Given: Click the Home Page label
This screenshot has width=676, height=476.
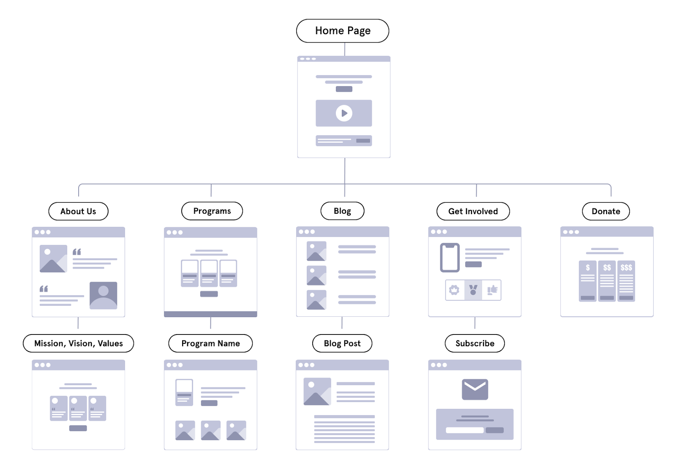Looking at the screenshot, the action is point(342,31).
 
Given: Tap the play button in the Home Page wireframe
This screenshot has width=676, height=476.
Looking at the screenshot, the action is point(344,113).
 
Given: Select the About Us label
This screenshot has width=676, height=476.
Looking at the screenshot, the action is point(78,211).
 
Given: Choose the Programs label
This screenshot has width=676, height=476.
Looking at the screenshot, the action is point(212,211).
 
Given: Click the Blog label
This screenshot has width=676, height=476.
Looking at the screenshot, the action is point(342,211).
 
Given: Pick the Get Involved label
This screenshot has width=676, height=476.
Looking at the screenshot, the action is point(473,211).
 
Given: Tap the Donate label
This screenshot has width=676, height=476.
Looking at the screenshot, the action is point(606,211).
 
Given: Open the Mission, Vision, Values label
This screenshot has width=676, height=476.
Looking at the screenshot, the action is point(78,343).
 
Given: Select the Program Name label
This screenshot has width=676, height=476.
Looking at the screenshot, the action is point(210,343).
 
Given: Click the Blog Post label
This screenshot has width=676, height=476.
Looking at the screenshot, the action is point(342,343).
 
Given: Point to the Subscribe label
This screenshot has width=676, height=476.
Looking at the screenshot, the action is point(475,343).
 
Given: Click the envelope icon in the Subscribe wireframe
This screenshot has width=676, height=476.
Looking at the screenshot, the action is point(475,389).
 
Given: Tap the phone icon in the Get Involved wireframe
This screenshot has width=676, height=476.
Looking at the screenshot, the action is point(450,258).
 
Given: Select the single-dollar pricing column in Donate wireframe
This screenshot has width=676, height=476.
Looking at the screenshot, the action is point(587,281).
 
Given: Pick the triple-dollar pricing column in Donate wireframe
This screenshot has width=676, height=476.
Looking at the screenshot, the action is point(626,281).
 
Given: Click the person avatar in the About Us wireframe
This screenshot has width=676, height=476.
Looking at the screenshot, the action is point(103,295).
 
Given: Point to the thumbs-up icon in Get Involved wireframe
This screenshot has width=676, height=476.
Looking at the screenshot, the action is point(492,290).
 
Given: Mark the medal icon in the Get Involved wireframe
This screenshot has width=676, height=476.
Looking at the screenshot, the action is point(473,290).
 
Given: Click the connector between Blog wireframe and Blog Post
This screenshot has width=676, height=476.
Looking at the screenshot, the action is point(342,322).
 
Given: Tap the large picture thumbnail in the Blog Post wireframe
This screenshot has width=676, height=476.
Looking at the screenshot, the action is point(317,391).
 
